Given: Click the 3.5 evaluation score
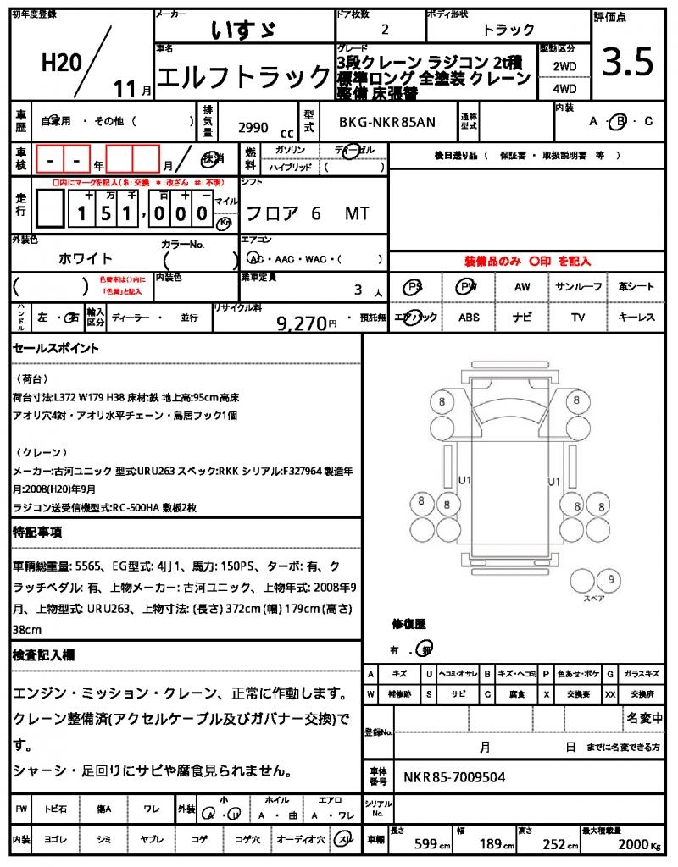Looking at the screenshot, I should [627, 61].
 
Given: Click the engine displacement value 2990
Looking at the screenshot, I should [253, 128].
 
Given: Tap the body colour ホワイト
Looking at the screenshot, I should [85, 258].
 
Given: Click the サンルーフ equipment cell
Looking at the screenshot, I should [578, 287].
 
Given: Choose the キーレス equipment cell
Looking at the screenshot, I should [636, 318].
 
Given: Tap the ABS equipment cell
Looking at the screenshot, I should [469, 318].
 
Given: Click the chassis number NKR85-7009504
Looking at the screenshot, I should [456, 776].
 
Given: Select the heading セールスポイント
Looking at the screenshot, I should [56, 348].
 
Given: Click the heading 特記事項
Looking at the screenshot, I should [37, 533].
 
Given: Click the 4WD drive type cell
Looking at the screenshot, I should [564, 88].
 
